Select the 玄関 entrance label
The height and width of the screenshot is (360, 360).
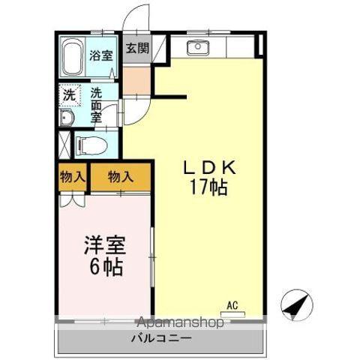pos(136,49)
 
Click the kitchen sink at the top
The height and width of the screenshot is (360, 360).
pos(199,48)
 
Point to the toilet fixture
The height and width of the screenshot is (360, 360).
pos(91,142)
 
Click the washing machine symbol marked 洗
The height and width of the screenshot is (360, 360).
pos(69,95)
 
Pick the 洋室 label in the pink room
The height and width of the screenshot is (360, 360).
pos(103,246)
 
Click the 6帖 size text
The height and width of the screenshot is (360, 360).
pos(104,265)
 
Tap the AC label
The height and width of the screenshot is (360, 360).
pos(232,304)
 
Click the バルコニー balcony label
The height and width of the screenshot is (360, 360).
pos(162,338)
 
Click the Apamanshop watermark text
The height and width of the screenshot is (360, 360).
pos(181,323)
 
